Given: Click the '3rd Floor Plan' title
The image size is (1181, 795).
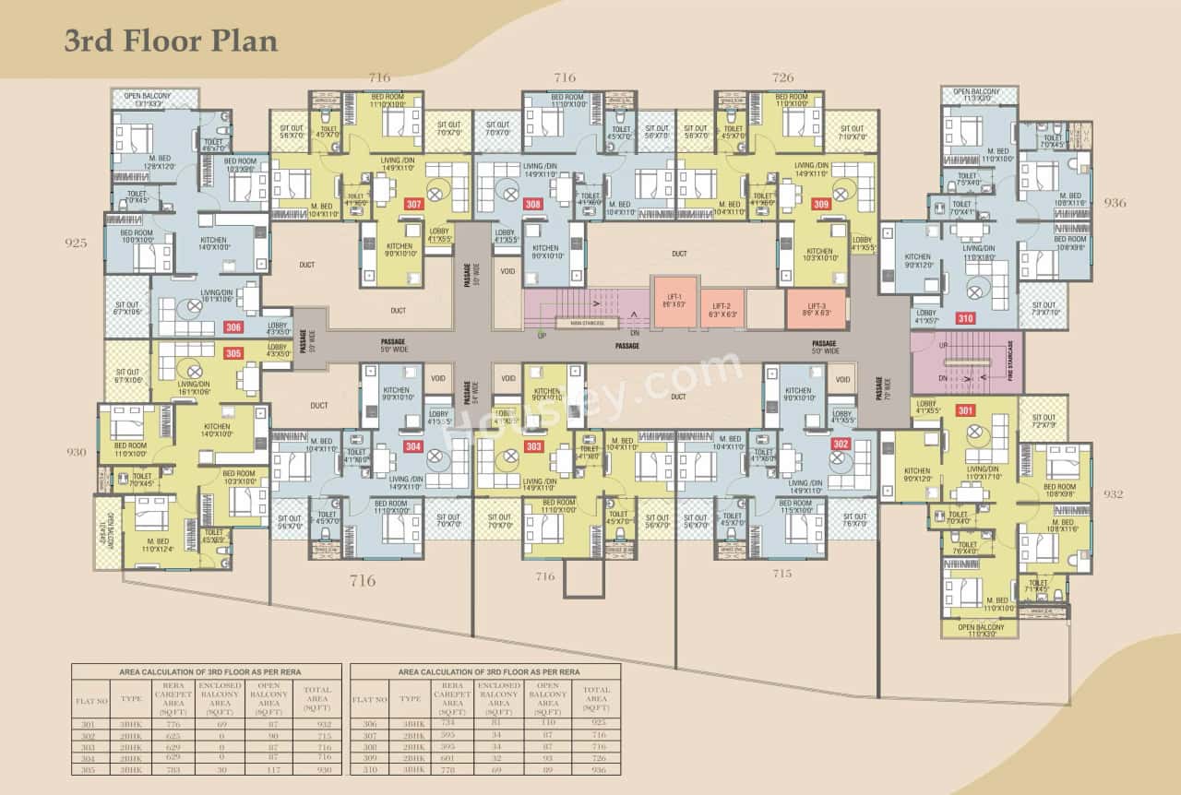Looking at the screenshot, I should coord(171,41).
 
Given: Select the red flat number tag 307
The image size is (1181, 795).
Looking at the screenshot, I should coord(413,204).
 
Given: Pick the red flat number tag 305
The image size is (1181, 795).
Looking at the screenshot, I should coord(233,352).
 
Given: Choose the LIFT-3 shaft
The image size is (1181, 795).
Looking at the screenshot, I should coord(817,309).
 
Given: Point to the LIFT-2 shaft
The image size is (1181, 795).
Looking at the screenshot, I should coord(722,309).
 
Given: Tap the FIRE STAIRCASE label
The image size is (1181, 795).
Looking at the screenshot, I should coord(1010,363).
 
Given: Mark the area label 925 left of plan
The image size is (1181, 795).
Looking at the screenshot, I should coord(76,243).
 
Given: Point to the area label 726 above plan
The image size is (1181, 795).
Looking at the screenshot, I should coord(782,77).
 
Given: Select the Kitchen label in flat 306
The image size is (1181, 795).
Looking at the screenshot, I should coord(214,243).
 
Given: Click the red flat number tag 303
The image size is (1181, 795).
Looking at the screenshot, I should coord(533,446).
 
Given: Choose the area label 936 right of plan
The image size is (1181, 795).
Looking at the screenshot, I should coord(1115,203).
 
